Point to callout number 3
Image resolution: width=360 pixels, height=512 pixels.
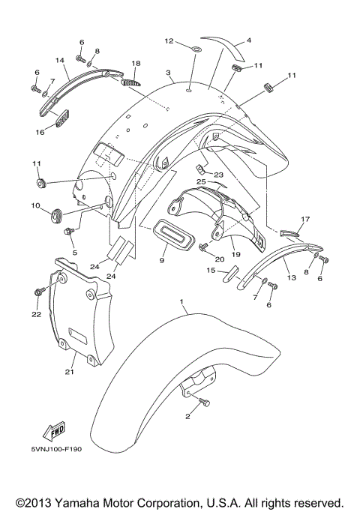[x=169, y=73]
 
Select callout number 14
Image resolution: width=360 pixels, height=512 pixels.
[x=60, y=61]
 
